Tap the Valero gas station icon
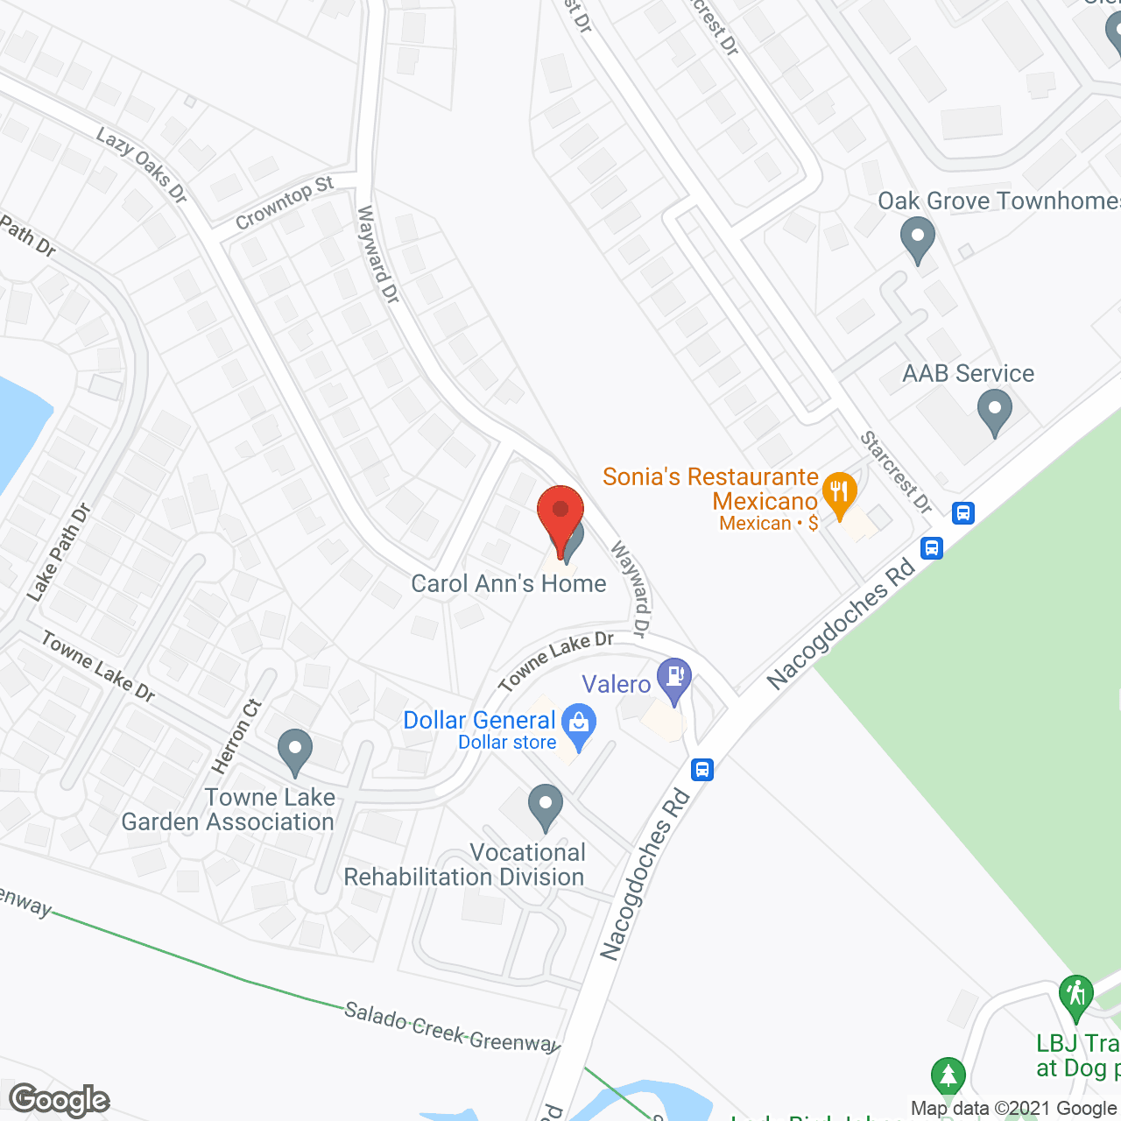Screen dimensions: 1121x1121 674,679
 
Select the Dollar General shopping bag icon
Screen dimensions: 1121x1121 578,724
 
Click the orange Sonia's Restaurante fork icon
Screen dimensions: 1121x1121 839,493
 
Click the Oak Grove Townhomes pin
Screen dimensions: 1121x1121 917,238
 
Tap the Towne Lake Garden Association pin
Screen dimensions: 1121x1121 294,750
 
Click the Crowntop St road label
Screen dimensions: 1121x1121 285,203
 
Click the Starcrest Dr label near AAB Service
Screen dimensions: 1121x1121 895,471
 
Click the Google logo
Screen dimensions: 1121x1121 60,1100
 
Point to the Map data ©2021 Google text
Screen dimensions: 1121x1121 1014,1109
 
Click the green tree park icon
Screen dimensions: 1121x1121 948,1075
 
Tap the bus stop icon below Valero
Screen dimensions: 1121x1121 702,769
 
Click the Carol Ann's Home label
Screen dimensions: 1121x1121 509,584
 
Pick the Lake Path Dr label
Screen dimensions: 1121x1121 59,553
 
